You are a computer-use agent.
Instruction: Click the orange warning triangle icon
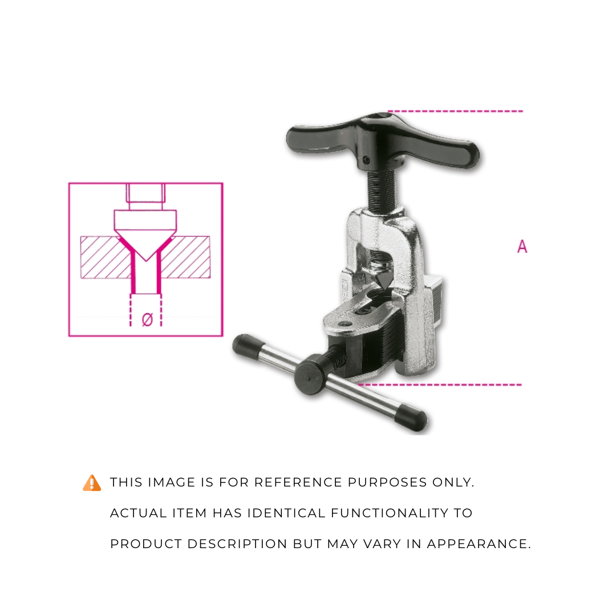pos(92,483)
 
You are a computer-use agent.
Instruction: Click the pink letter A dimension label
pos(522,246)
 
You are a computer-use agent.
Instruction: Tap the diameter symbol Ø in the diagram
pos(147,319)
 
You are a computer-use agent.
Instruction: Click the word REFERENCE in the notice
pos(298,482)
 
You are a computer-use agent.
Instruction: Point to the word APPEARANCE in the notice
pos(479,544)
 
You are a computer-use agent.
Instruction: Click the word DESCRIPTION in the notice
pos(237,544)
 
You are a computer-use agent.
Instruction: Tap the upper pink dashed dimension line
pos(455,111)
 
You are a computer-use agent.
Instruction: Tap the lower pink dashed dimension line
pos(440,384)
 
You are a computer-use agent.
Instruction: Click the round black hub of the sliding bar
pos(310,374)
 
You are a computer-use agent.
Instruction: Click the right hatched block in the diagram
pos(185,258)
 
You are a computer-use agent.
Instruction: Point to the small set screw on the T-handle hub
pos(366,160)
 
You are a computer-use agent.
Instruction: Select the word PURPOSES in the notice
pos(387,482)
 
